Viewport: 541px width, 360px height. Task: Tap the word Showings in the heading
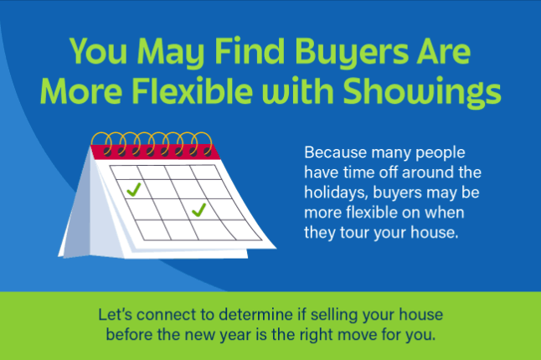(x=421, y=91)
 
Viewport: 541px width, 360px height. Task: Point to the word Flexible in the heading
(x=192, y=90)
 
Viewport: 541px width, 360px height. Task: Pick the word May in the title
(x=171, y=52)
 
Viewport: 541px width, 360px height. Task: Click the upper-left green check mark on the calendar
(x=134, y=190)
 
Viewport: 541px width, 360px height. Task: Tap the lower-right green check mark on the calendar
(x=198, y=209)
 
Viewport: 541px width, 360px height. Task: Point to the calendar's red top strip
(x=155, y=152)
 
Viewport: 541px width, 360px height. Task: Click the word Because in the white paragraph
(x=335, y=152)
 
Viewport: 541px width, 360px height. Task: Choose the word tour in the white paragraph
(x=355, y=233)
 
